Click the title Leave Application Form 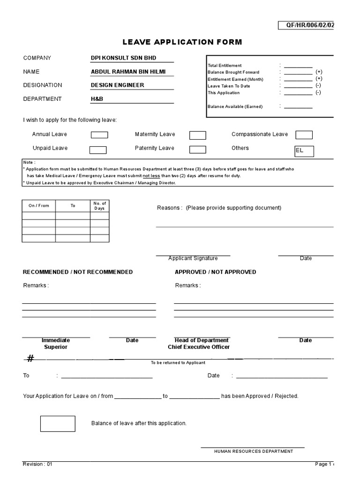(x=182, y=42)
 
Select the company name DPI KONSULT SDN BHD (x=124, y=58)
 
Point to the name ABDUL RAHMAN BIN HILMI (x=128, y=72)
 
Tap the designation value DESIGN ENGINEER (x=117, y=85)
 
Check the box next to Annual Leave (x=99, y=135)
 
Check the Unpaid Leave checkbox (x=98, y=150)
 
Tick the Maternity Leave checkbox (x=197, y=135)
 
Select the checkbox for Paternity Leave (x=197, y=150)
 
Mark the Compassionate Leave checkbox (x=304, y=135)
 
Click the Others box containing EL (x=304, y=151)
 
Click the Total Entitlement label (x=225, y=66)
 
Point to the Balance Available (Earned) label (x=235, y=107)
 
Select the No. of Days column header (x=99, y=205)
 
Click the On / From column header (x=38, y=206)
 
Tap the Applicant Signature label (x=193, y=258)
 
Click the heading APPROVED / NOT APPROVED (x=215, y=272)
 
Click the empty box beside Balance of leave (x=58, y=423)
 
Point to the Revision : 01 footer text (x=38, y=464)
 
